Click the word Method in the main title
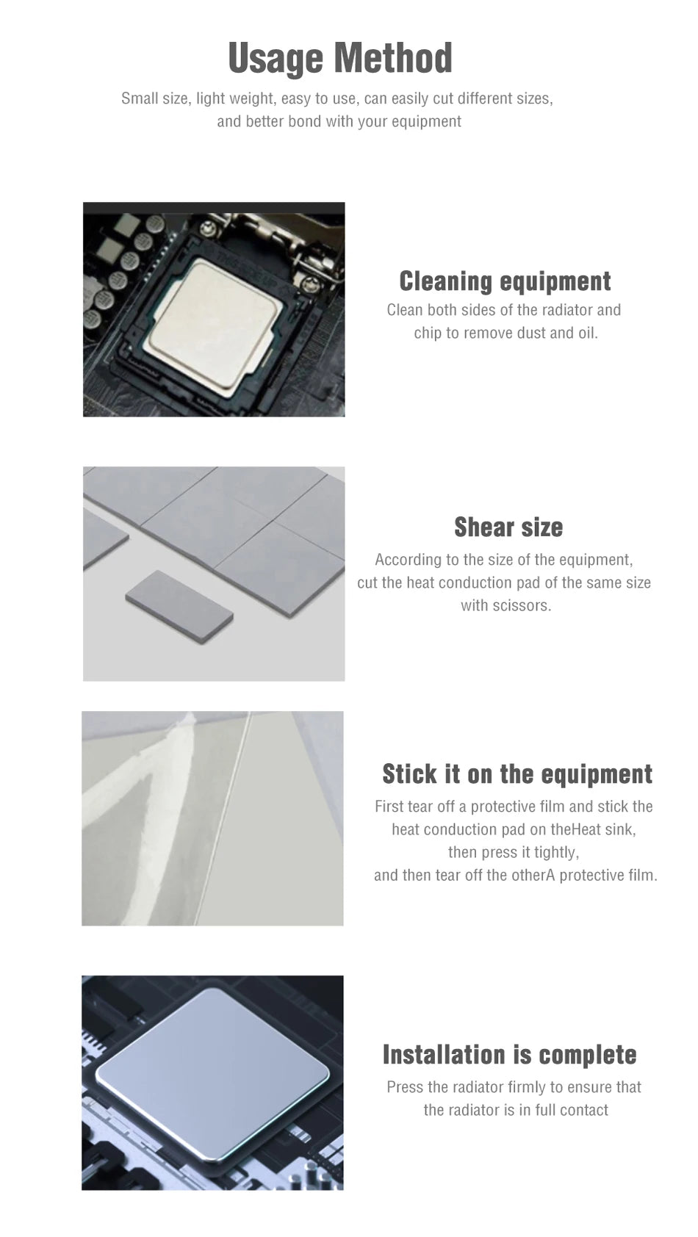pyautogui.click(x=393, y=57)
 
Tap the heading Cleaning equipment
pyautogui.click(x=505, y=281)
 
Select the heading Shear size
pyautogui.click(x=508, y=527)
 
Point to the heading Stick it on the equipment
pyautogui.click(x=517, y=773)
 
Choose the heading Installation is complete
pyautogui.click(x=510, y=1055)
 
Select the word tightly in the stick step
pyautogui.click(x=556, y=853)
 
